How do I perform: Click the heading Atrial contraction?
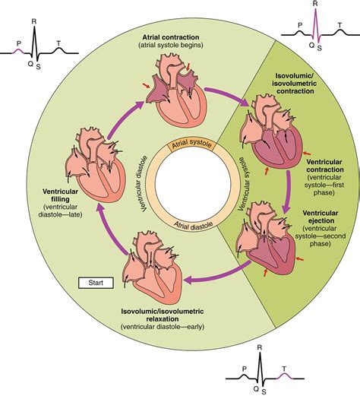[179, 36]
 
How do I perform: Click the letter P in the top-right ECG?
[301, 24]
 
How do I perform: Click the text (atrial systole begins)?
[179, 46]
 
